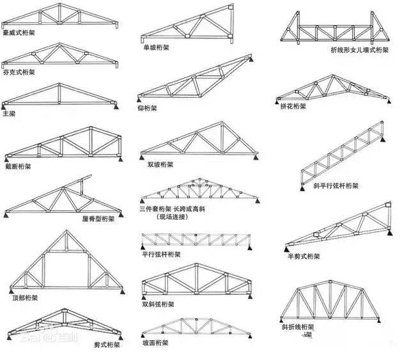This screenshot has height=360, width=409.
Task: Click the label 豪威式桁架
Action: (19, 32)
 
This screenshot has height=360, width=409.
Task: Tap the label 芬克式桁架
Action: (19, 72)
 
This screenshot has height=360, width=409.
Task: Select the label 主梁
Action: (8, 114)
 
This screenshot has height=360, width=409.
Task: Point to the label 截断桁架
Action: (17, 166)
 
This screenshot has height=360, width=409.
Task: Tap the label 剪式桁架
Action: (107, 345)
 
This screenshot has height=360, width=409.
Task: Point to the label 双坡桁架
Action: (160, 164)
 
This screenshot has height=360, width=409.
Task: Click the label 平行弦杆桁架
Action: (160, 254)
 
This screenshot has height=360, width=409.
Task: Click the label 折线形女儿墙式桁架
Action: (359, 49)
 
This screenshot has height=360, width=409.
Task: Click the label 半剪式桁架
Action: (303, 256)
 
